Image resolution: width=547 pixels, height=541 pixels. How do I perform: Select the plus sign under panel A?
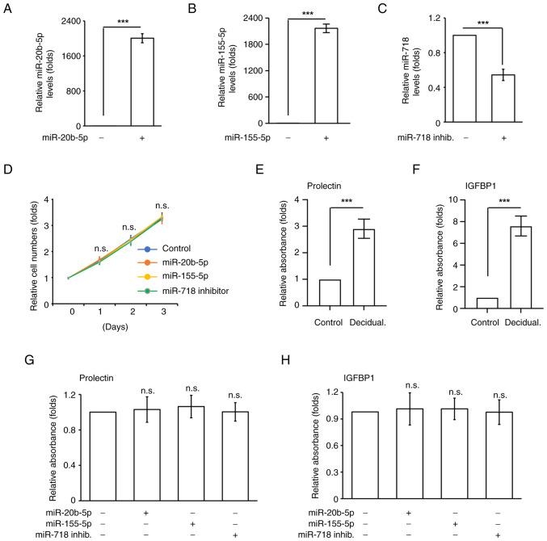coord(141,139)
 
